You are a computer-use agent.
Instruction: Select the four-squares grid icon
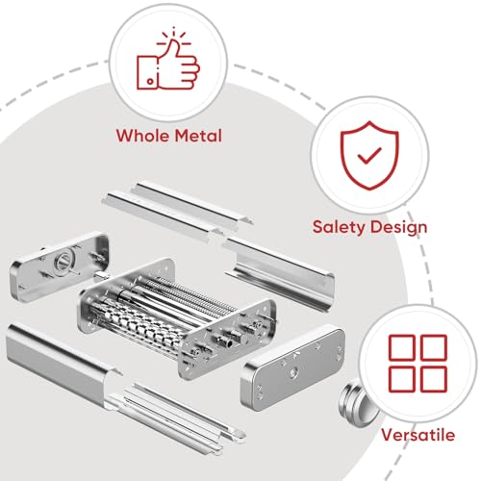[x=418, y=363]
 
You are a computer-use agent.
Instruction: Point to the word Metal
[x=197, y=136]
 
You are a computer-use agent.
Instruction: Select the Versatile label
[x=419, y=435]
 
